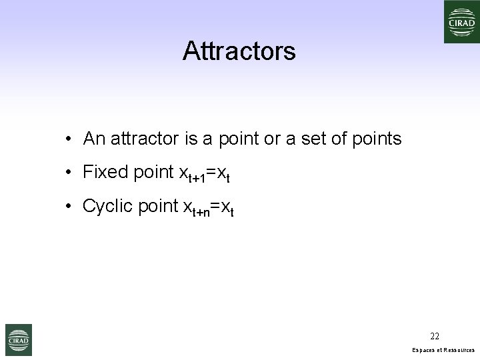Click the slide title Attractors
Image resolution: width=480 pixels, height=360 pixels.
(x=239, y=51)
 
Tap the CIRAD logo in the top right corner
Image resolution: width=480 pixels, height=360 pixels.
(x=460, y=21)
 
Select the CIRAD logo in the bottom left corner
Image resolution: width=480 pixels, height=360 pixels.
(x=19, y=339)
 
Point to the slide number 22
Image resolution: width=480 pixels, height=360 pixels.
(x=435, y=336)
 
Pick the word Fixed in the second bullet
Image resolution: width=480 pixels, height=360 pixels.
(x=105, y=172)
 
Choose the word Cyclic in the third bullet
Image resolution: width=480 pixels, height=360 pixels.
(x=107, y=206)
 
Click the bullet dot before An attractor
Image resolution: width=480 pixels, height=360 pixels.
(x=69, y=139)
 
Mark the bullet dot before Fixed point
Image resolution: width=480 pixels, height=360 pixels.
(x=69, y=173)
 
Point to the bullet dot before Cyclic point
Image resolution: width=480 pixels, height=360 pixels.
(x=69, y=207)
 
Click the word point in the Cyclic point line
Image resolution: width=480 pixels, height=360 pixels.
(x=157, y=207)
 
